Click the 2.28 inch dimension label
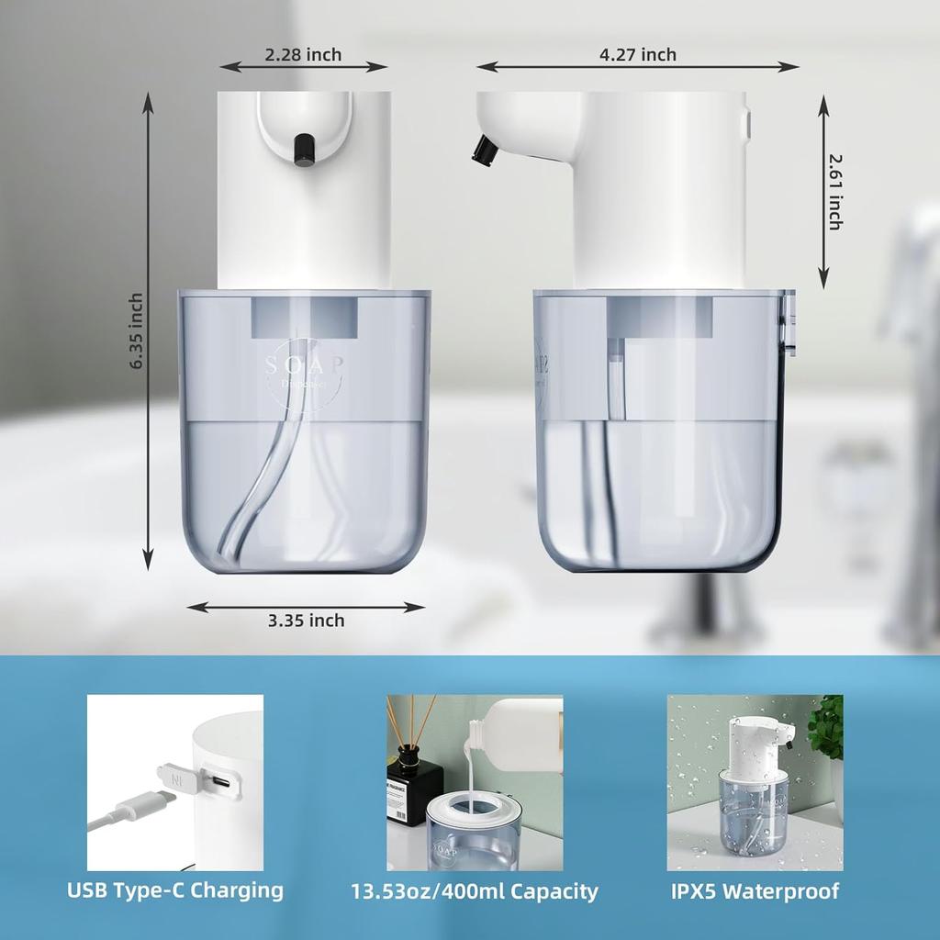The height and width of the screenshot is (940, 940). pyautogui.click(x=303, y=55)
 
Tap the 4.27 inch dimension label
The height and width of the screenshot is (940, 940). pyautogui.click(x=637, y=55)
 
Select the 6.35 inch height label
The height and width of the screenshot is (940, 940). pyautogui.click(x=137, y=331)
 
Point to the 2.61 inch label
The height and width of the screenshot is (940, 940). pyautogui.click(x=834, y=191)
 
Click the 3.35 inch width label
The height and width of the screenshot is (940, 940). pyautogui.click(x=306, y=621)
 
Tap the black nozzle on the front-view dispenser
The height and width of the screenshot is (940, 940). pyautogui.click(x=302, y=150)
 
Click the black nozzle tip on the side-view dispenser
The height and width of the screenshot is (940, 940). pyautogui.click(x=482, y=151)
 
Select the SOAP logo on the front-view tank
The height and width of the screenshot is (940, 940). pyautogui.click(x=305, y=367)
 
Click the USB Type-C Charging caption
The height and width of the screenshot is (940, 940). pyautogui.click(x=175, y=890)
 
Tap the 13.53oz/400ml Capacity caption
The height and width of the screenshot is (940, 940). pyautogui.click(x=475, y=891)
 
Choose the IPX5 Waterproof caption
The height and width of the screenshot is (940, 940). pyautogui.click(x=755, y=890)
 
